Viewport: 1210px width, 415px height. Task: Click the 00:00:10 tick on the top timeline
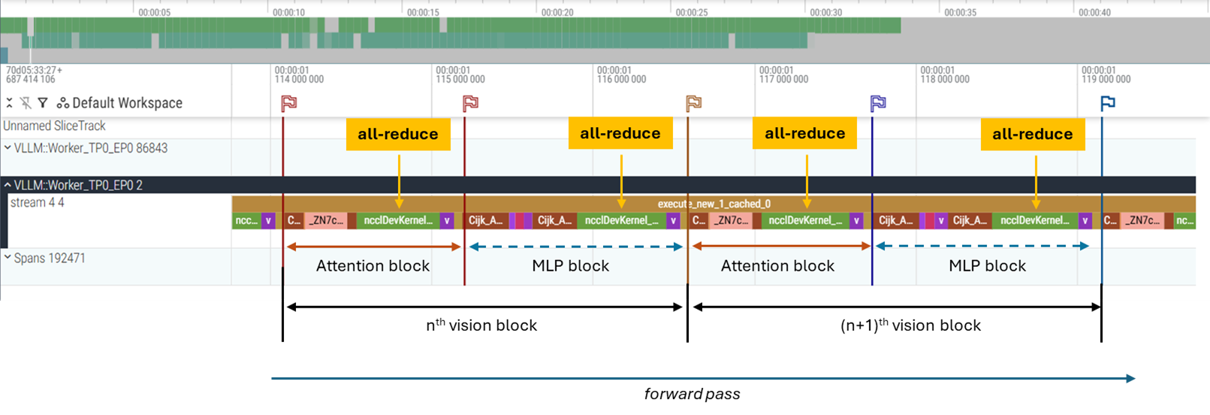pos(288,12)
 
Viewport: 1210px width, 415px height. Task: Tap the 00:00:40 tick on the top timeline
pos(1094,12)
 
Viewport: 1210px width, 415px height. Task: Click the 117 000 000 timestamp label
pos(783,79)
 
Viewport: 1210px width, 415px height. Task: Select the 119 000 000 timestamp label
pos(1106,79)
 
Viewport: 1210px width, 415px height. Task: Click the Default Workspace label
pos(127,103)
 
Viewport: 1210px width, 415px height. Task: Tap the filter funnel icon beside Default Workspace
pos(43,103)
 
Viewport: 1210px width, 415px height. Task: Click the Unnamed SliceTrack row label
pos(54,126)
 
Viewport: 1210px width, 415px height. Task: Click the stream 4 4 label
pos(37,202)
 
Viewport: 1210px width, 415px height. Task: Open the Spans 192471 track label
pos(49,258)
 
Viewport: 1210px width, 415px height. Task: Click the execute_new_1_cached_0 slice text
pos(714,204)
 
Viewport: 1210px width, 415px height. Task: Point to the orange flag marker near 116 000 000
pos(694,103)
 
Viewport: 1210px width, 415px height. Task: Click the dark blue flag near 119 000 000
pos(1108,103)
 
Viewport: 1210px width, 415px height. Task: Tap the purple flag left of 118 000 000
pos(878,103)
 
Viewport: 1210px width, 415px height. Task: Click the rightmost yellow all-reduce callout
pos(1032,135)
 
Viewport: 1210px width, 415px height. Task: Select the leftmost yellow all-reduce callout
pos(397,135)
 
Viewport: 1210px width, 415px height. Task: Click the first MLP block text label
pos(570,266)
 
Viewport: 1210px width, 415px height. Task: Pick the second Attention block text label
pos(777,266)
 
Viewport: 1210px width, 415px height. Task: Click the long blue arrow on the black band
pos(702,378)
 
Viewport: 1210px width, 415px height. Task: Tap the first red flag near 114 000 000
pos(289,103)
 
